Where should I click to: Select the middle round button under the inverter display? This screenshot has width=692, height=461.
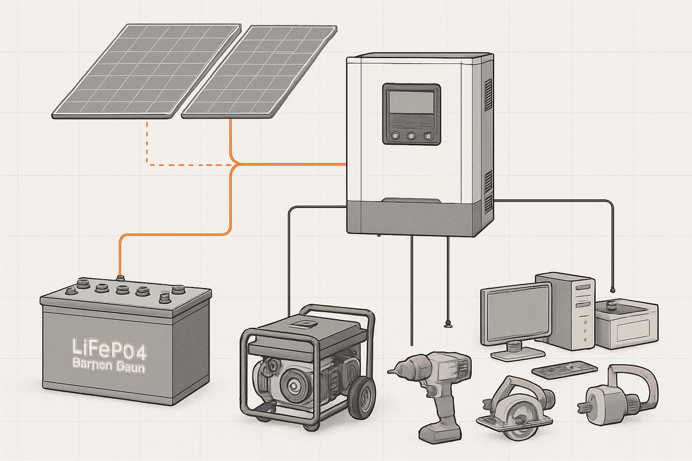click(x=412, y=137)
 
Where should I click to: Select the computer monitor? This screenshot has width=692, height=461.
click(x=516, y=314)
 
